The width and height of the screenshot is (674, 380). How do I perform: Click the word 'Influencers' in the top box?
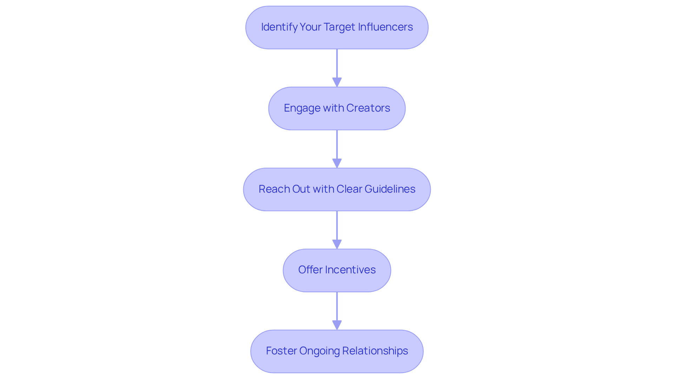click(385, 27)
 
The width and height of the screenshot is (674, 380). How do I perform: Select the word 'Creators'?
click(368, 108)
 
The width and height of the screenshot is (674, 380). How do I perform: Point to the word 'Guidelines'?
click(390, 189)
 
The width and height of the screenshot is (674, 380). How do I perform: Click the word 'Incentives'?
click(350, 270)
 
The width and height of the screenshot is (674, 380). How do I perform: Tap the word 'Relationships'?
click(375, 351)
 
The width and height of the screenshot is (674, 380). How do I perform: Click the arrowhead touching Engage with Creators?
click(337, 82)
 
